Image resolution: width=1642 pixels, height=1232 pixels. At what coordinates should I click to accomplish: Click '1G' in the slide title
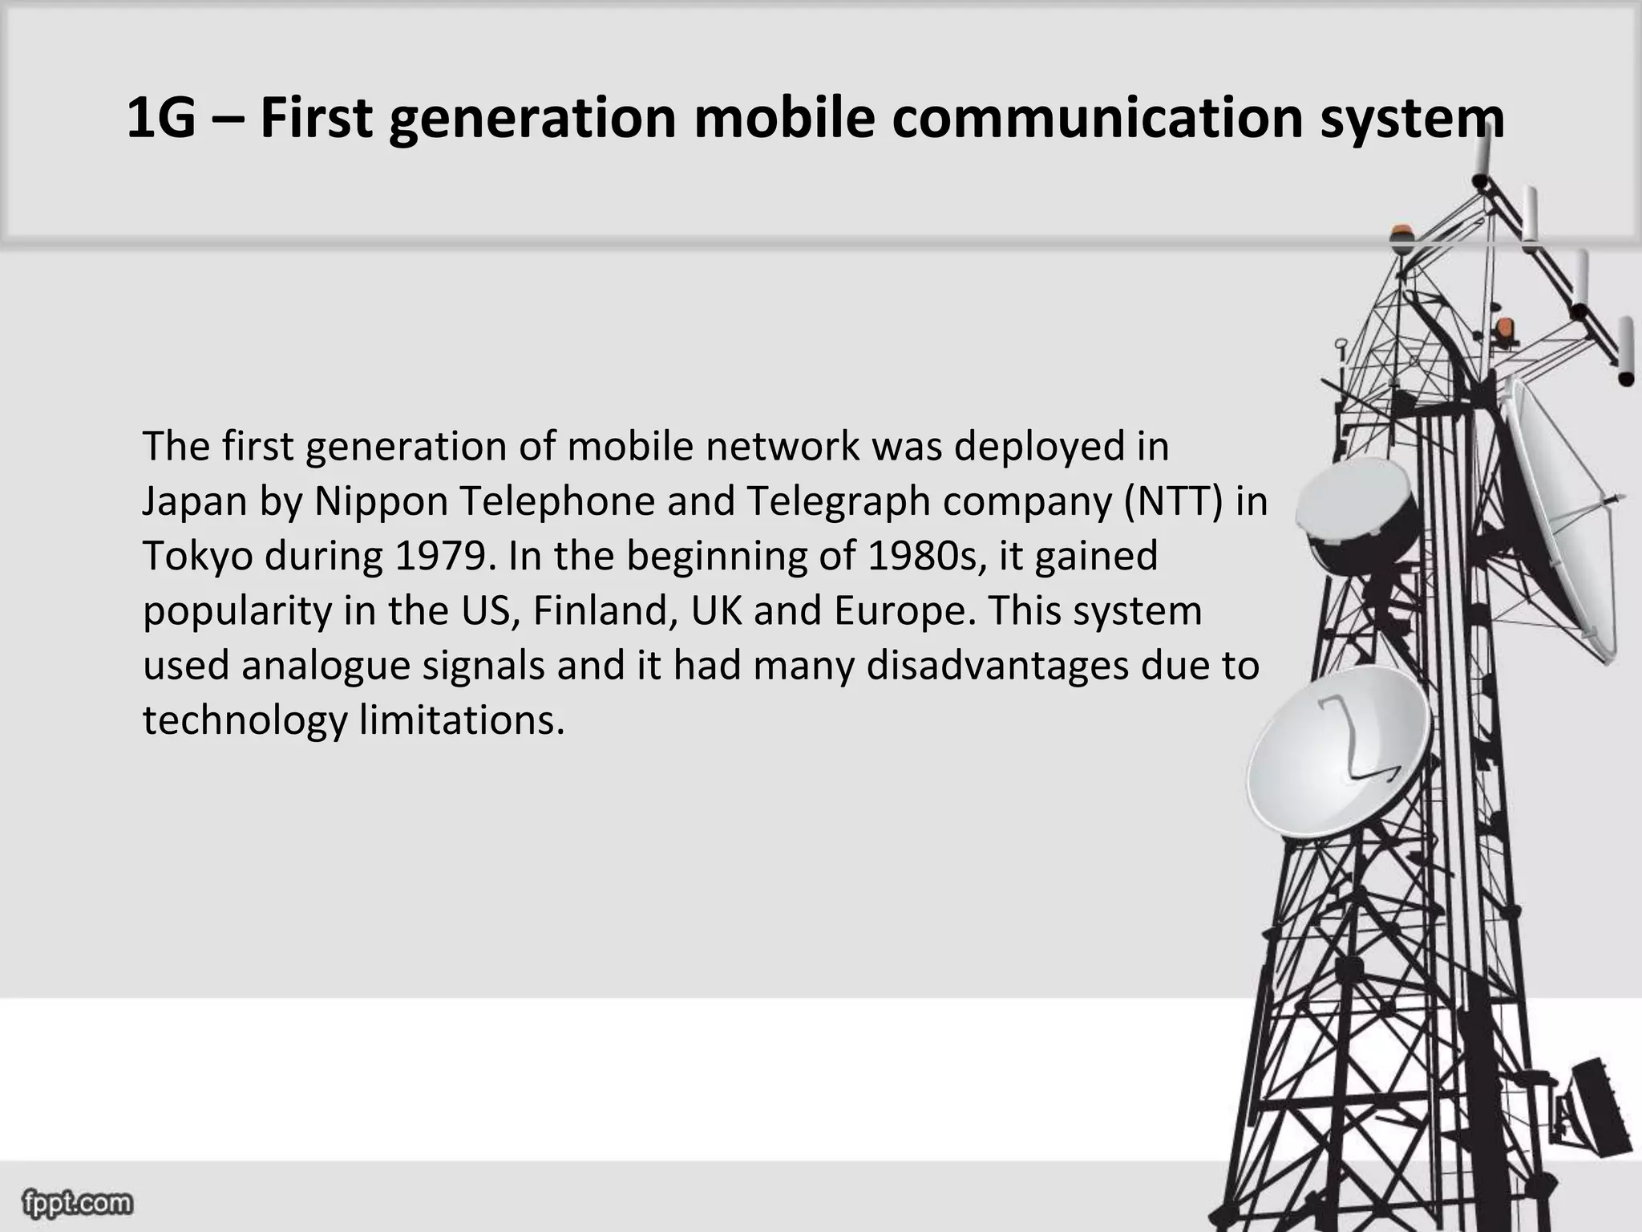tap(161, 118)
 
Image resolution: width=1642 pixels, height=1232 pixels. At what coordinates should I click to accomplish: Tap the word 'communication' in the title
tap(1095, 118)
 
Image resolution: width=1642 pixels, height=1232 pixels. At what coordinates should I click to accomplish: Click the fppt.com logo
tap(78, 1203)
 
